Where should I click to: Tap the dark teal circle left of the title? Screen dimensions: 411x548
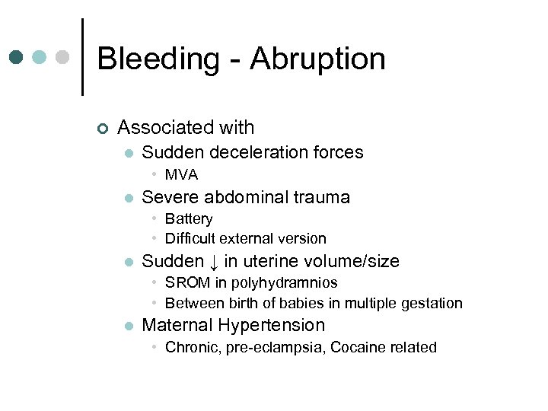click(x=17, y=58)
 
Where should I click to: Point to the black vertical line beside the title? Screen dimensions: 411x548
click(x=82, y=57)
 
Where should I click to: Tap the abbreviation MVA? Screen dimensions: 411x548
click(x=181, y=175)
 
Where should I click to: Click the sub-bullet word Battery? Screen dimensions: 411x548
click(x=189, y=219)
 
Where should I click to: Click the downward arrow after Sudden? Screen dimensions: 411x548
click(x=214, y=263)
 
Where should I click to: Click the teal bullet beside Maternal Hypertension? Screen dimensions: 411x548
click(x=128, y=326)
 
